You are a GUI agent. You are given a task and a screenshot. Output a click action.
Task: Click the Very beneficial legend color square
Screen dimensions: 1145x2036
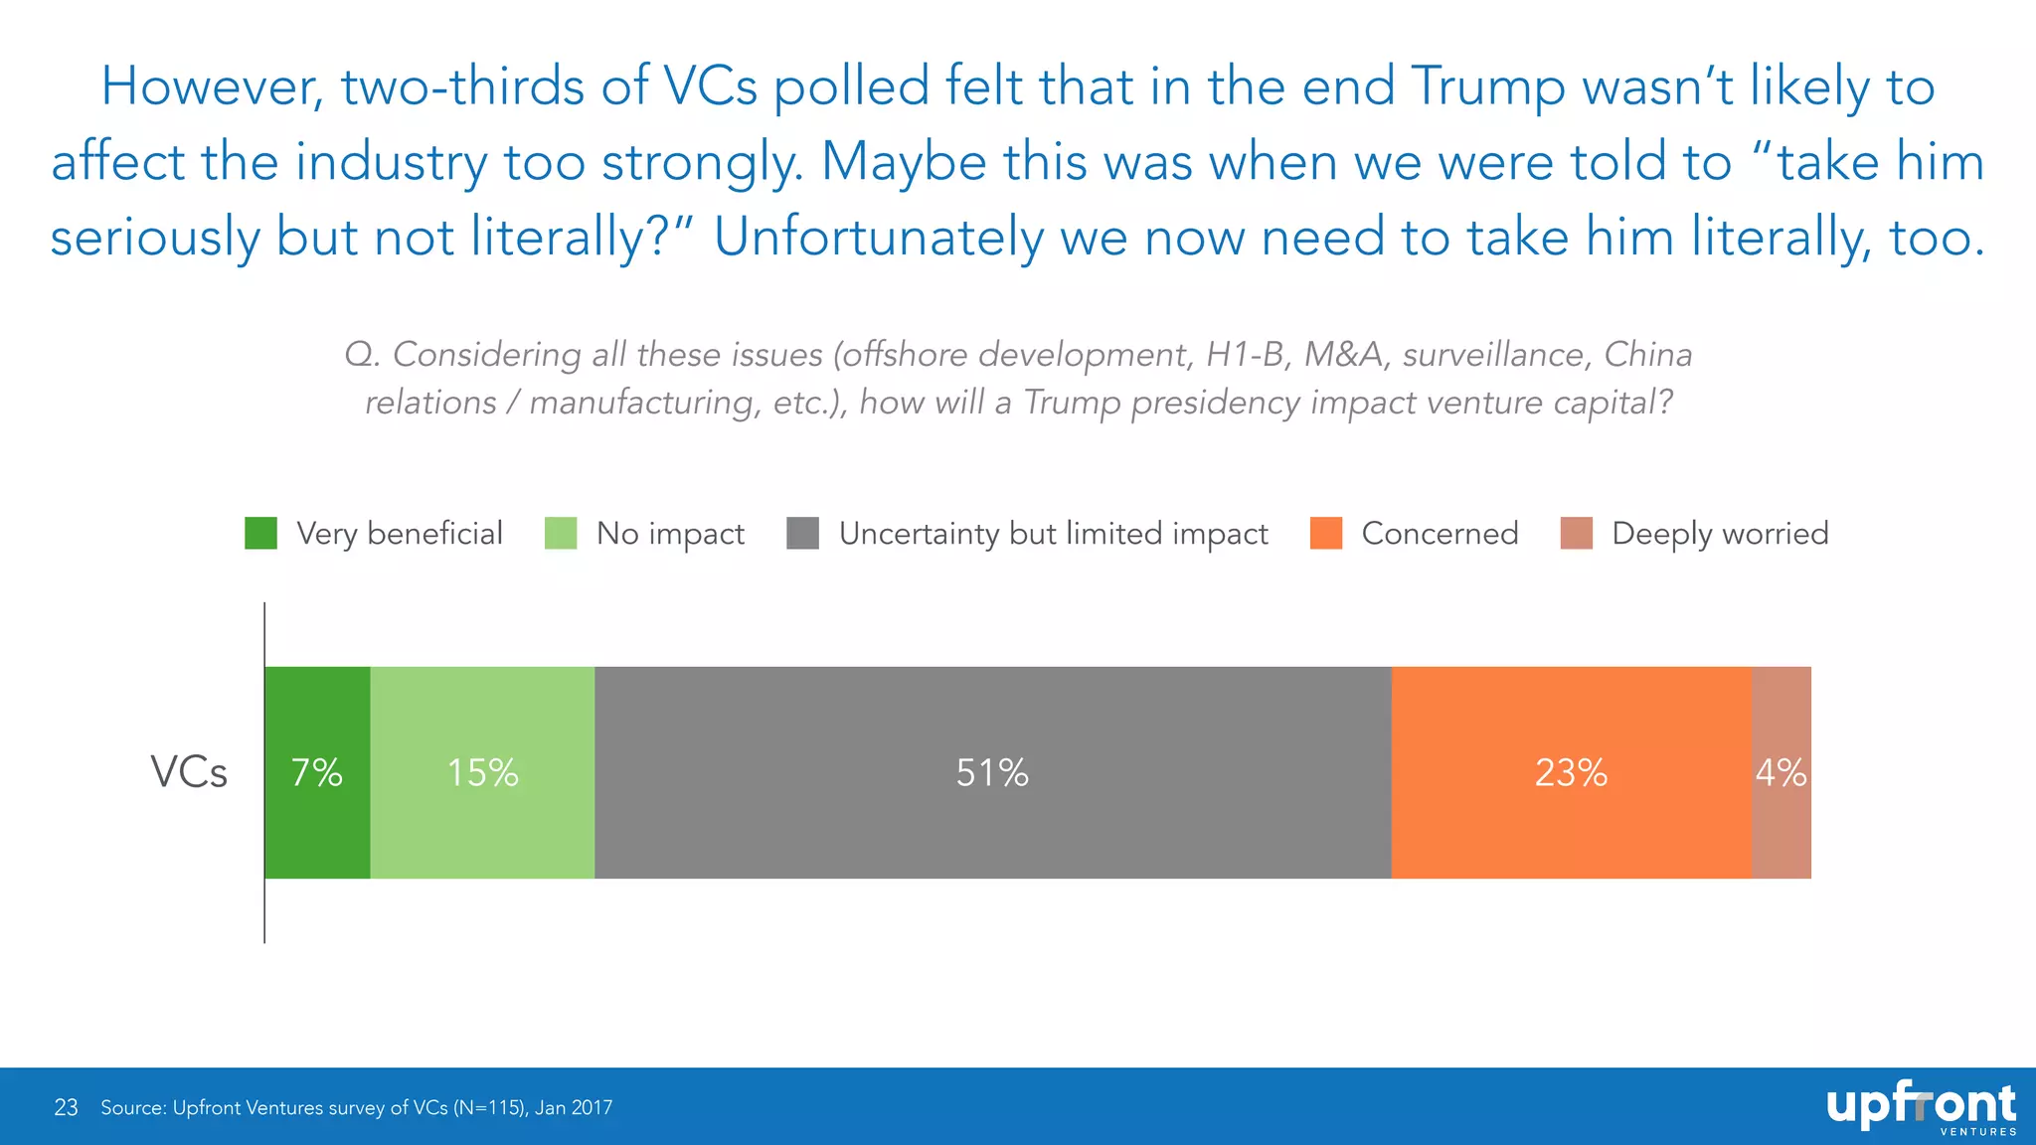click(x=261, y=534)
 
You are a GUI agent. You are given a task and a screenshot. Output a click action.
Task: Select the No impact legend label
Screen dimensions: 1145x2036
click(x=670, y=534)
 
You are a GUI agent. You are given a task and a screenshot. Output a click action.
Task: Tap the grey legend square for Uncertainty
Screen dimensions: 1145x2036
click(x=802, y=534)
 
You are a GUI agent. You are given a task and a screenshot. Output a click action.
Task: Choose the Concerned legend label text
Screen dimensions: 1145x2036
click(x=1440, y=534)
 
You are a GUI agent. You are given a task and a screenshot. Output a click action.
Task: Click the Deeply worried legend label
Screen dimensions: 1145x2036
click(x=1720, y=534)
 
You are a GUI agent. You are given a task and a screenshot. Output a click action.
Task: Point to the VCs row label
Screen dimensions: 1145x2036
click(x=189, y=772)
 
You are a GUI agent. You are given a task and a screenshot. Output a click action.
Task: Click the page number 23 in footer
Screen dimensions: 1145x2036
click(x=66, y=1107)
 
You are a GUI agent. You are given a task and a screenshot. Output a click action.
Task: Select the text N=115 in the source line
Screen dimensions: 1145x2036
click(x=488, y=1107)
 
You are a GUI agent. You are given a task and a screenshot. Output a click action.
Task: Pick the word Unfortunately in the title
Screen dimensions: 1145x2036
click(x=878, y=238)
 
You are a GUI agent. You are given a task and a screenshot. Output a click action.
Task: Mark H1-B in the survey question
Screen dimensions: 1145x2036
click(x=1247, y=354)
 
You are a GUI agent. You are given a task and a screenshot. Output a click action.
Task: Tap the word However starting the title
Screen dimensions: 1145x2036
click(x=213, y=86)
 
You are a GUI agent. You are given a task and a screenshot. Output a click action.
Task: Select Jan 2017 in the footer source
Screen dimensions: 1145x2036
click(x=574, y=1107)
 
